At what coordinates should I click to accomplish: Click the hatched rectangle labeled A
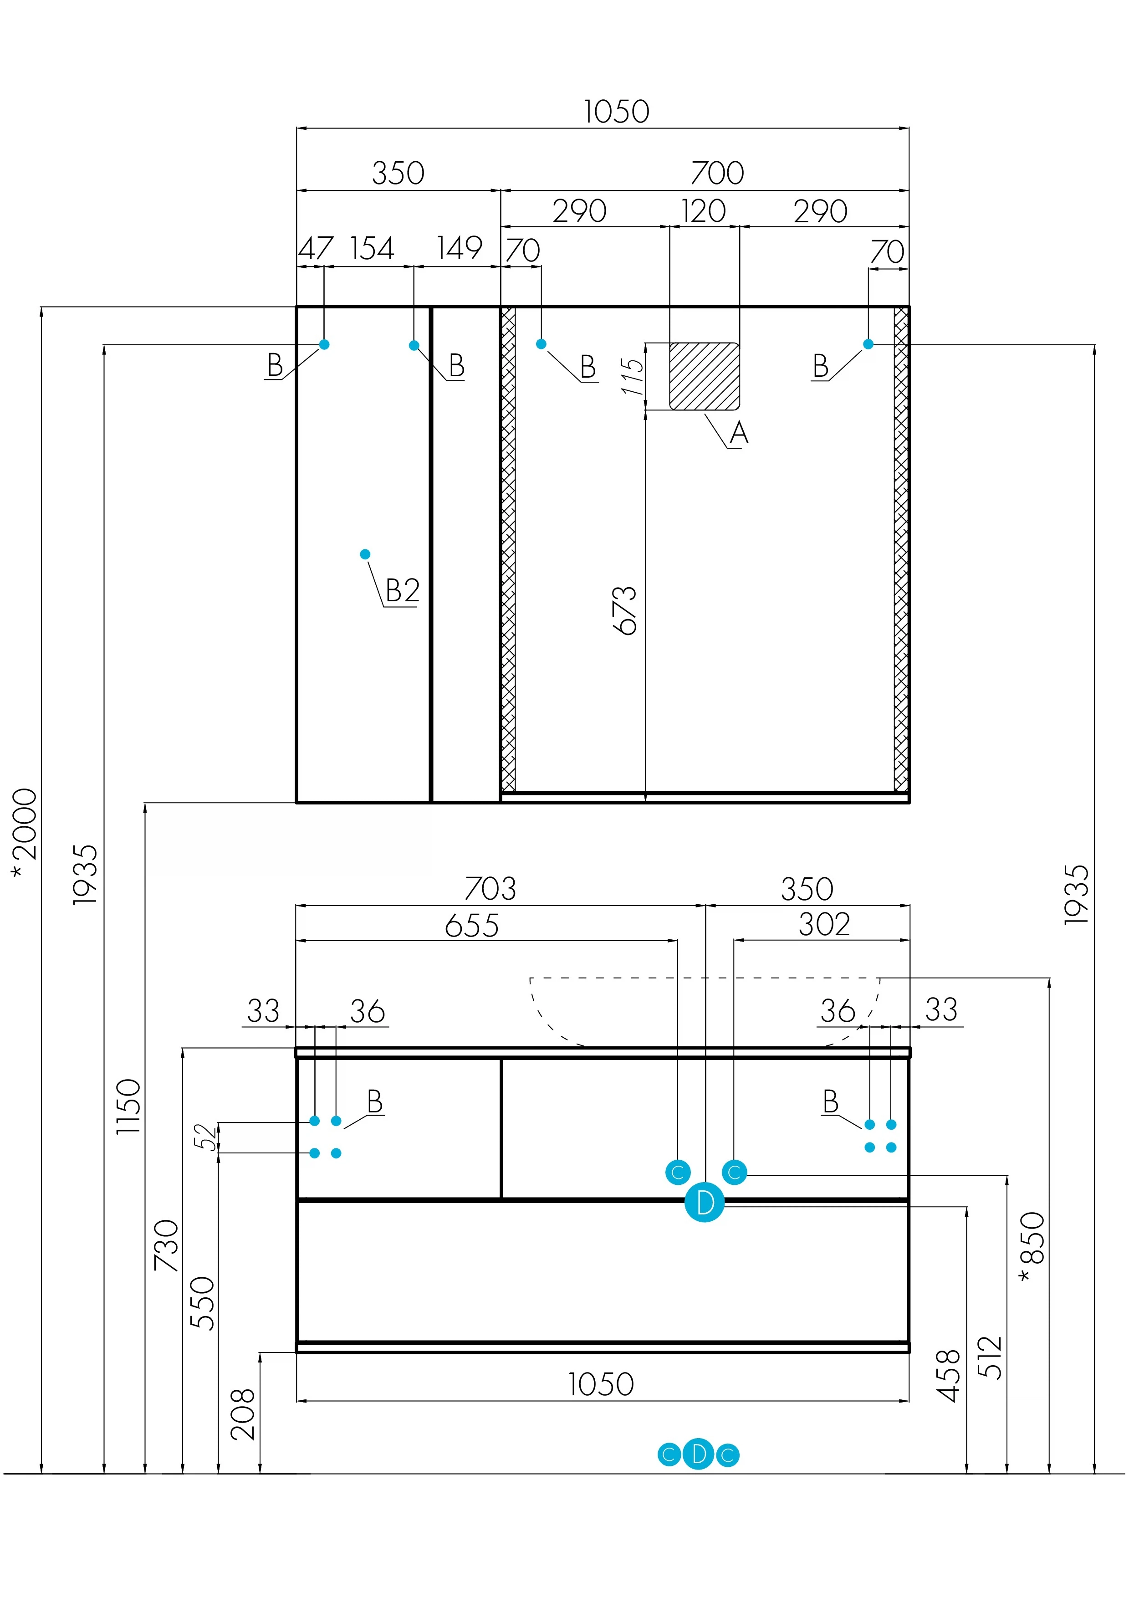[704, 376]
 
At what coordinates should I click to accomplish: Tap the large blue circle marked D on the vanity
[705, 1202]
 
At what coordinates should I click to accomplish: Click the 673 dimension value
[625, 610]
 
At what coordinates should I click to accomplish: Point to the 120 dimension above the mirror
[703, 211]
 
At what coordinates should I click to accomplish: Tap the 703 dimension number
[490, 889]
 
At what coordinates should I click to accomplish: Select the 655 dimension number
[472, 926]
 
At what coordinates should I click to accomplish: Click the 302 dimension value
[824, 924]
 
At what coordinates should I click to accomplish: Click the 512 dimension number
[990, 1357]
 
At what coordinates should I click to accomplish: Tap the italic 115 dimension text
[632, 377]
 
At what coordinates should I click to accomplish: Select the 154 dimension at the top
[372, 248]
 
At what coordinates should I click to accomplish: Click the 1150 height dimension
[129, 1106]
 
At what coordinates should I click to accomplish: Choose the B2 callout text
[403, 590]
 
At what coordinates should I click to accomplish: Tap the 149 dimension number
[459, 248]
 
